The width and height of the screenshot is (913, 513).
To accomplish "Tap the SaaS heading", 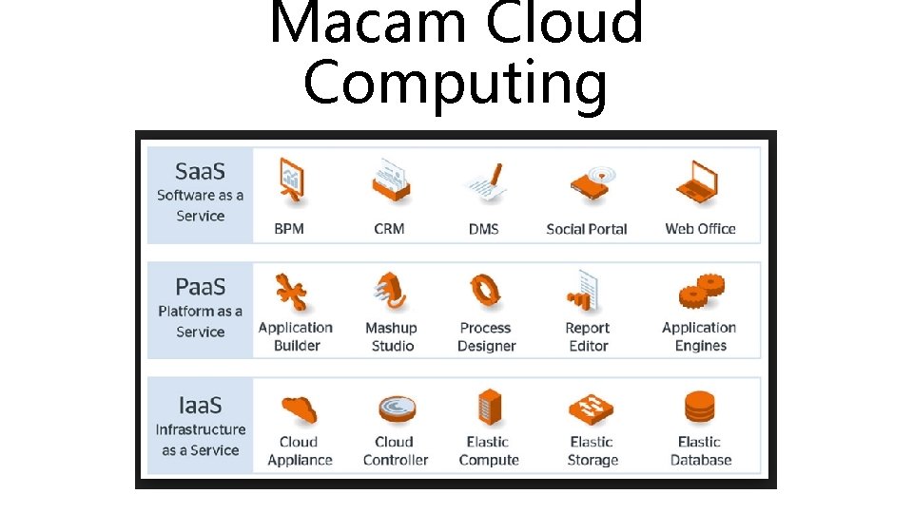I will (x=200, y=172).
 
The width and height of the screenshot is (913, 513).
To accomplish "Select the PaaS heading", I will (x=200, y=288).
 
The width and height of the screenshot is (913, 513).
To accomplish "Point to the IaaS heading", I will (x=200, y=406).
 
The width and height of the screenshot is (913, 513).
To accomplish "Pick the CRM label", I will (x=389, y=229).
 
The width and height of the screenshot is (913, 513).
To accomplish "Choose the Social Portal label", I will (x=587, y=229).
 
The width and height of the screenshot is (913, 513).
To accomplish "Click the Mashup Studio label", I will (x=392, y=337).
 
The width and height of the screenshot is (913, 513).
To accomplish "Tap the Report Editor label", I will (x=588, y=337).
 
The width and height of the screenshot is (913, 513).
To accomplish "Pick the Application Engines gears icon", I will (x=701, y=294).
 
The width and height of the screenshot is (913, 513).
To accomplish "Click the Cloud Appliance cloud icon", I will (x=298, y=409).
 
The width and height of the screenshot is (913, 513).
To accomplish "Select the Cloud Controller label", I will (x=395, y=451).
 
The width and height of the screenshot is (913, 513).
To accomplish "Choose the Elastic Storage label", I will (x=592, y=451).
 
